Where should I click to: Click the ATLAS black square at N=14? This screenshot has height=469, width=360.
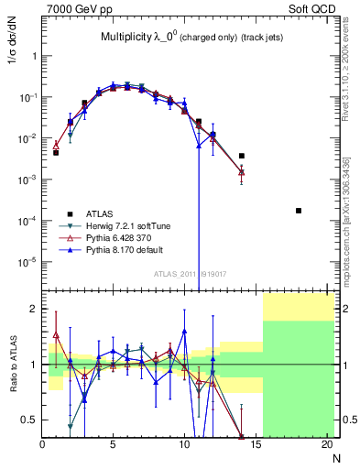point(242,156)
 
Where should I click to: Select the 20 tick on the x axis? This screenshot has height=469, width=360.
point(326,445)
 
